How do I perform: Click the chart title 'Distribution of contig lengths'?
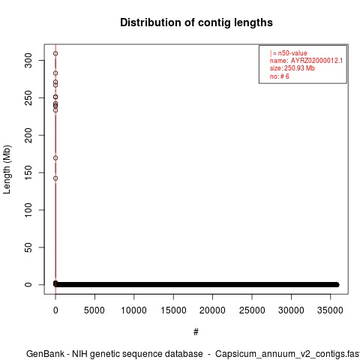(x=196, y=22)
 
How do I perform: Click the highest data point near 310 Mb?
(x=55, y=53)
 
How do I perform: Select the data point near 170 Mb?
(x=55, y=158)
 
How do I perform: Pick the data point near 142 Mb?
(x=55, y=178)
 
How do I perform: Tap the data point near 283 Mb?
(x=55, y=73)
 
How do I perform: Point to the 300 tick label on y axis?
(x=28, y=60)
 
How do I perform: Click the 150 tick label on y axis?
(x=28, y=172)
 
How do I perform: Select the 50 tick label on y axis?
(x=28, y=247)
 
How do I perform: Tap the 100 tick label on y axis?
(x=28, y=210)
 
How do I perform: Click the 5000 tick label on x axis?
(x=94, y=310)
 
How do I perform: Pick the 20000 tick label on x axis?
(x=212, y=310)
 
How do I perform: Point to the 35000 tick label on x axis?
(x=330, y=310)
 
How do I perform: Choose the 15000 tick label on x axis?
(x=173, y=310)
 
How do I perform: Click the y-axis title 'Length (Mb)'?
(x=7, y=169)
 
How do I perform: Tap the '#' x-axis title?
(x=196, y=332)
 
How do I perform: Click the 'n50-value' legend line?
(x=289, y=53)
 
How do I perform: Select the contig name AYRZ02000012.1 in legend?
(x=316, y=61)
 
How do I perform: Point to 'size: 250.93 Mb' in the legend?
(x=292, y=68)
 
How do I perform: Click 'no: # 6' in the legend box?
(x=280, y=76)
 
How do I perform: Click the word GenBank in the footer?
(x=46, y=354)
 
